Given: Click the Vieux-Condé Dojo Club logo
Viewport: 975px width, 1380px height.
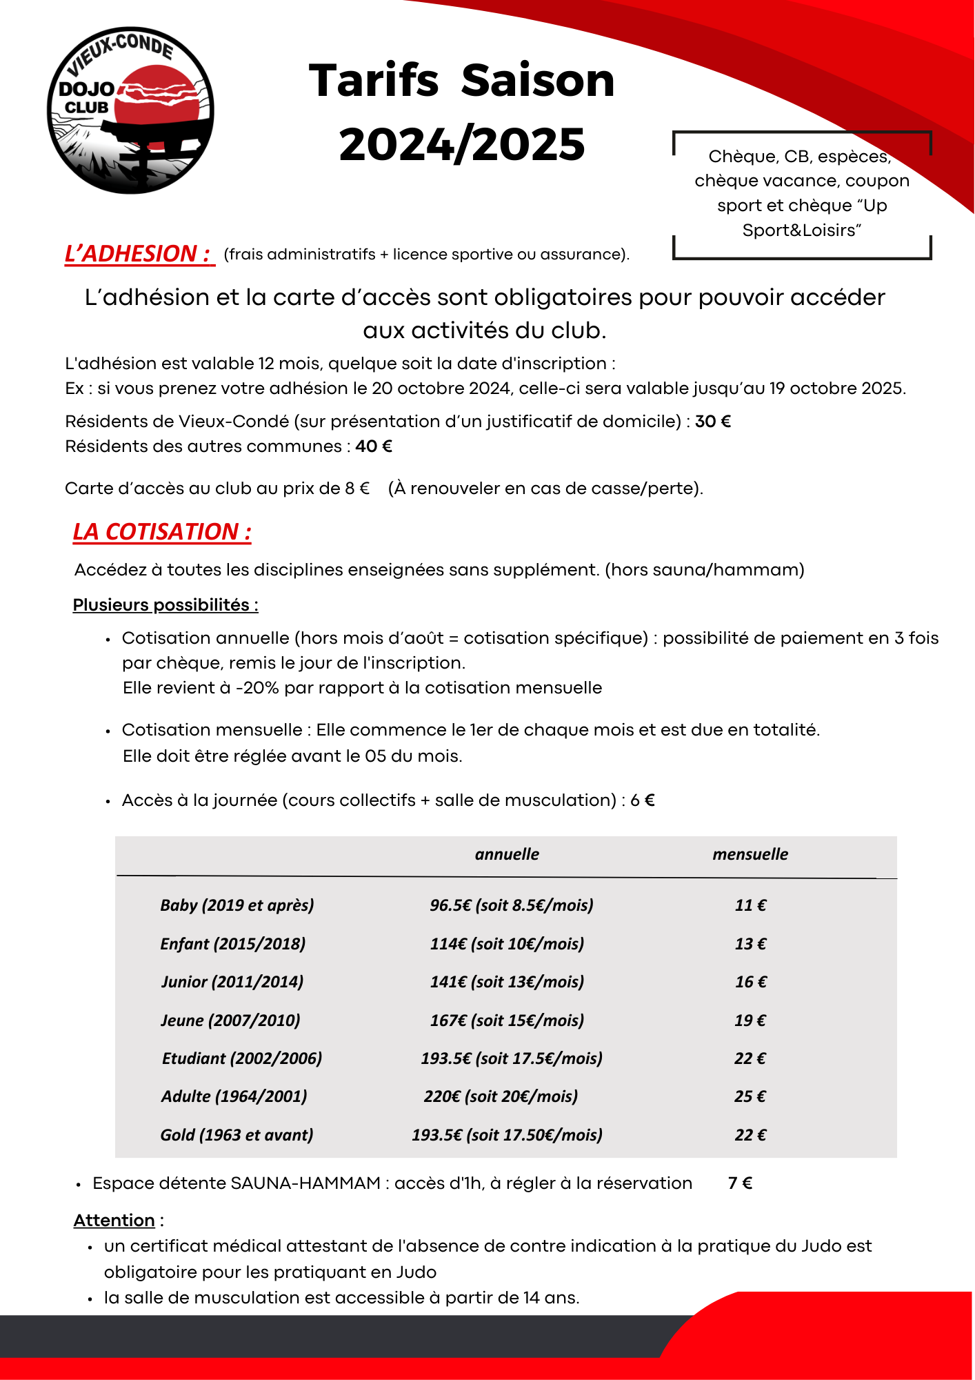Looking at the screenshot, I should pos(130,110).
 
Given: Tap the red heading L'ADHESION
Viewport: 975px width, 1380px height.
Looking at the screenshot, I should pos(138,254).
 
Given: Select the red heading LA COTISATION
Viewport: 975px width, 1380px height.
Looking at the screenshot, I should pos(162,532).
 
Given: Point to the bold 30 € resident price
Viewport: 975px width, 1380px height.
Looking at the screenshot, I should pos(713,422).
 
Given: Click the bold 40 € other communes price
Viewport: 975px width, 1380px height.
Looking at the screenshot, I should pos(374,446).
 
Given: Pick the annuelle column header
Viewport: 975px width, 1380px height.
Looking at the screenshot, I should pos(507,854).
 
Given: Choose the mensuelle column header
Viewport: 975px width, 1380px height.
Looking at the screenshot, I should pos(750,854).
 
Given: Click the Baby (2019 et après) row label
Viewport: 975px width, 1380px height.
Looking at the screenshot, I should pos(237,905).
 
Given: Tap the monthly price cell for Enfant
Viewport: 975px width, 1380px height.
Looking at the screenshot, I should pos(750,944).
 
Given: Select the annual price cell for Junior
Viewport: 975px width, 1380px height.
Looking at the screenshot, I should pos(507,982).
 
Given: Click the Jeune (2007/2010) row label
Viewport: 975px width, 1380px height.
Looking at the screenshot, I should pos(230,1021).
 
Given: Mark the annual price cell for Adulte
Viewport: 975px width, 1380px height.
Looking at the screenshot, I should pos(501,1096).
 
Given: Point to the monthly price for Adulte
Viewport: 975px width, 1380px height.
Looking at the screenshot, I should pos(750,1096).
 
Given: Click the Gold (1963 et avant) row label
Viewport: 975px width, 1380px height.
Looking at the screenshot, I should pos(237,1135).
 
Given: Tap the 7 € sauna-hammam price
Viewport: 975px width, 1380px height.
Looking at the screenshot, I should pos(740,1183).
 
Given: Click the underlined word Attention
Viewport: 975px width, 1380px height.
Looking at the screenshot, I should pos(114,1221).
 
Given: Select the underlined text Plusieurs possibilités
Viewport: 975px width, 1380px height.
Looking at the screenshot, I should pos(165,605).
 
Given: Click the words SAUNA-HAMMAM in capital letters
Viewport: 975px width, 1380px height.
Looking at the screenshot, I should pos(305,1183).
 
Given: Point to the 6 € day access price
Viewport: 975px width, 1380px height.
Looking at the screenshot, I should pos(642,800).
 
